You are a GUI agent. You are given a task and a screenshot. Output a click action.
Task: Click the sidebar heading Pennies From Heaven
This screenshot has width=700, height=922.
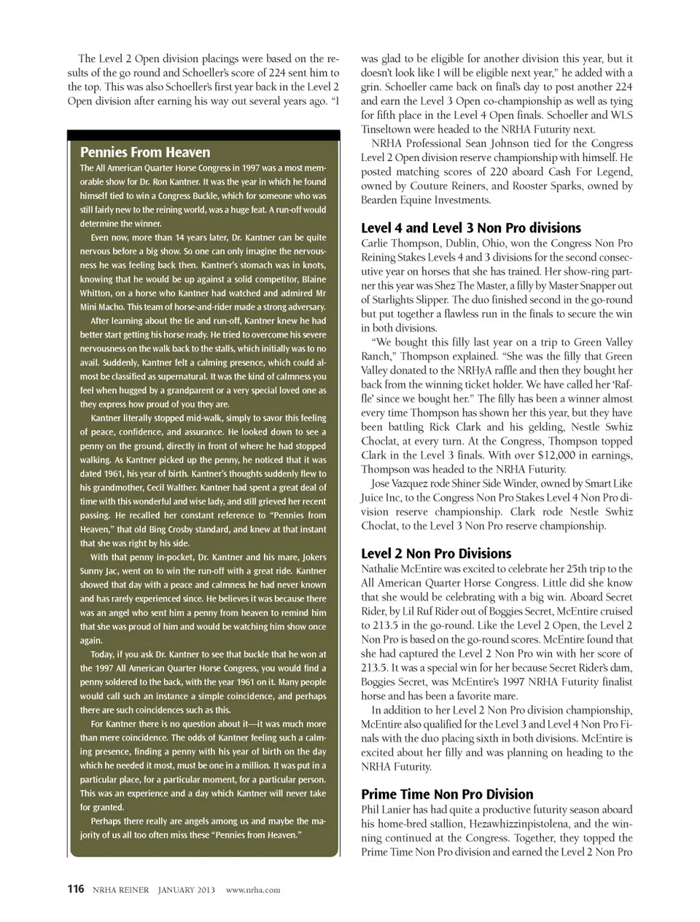tap(145, 152)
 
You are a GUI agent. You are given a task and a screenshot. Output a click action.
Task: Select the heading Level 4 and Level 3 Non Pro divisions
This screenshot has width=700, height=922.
tap(471, 228)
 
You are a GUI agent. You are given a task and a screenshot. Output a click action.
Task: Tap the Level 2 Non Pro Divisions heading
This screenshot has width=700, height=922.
tap(436, 553)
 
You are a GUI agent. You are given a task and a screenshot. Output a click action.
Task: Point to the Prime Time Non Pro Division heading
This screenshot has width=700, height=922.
tap(447, 794)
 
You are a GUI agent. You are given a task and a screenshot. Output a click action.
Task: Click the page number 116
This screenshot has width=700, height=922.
tap(76, 888)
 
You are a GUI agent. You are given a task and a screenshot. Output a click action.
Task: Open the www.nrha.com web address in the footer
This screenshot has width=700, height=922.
tap(253, 889)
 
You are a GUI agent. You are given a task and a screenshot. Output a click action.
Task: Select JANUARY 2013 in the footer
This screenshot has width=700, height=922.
tap(186, 889)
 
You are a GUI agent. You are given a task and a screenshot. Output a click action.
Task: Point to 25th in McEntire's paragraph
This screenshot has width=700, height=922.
tap(574, 569)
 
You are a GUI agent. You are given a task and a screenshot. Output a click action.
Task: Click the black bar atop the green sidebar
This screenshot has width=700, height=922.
tap(203, 135)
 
